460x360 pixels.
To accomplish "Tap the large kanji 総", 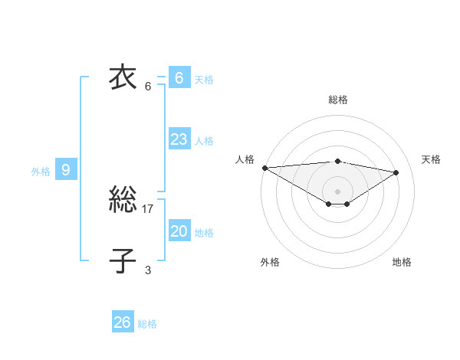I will pos(123,201).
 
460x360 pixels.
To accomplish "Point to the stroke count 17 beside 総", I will pos(148,208).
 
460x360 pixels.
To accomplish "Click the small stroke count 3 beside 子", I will pos(148,270).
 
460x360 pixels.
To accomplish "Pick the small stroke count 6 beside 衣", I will pos(148,86).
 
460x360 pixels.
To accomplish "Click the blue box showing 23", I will pos(179,139).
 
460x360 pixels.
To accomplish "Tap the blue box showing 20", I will pos(179,231).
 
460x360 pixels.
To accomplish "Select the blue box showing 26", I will pos(123,322).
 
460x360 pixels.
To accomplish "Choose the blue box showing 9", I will pos(66,170).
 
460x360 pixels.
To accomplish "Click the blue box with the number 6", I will pos(179,78).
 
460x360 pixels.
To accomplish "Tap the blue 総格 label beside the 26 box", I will pos(147,324).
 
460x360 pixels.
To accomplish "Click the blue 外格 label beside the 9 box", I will pos(41,172).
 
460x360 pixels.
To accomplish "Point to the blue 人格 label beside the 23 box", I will pos(204,141).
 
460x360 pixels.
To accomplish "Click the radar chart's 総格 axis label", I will pos(337,100).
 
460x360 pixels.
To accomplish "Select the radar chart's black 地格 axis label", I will pos(402,262).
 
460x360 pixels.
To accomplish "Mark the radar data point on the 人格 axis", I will pos(264,168).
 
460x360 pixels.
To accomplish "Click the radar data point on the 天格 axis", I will pos(396,172).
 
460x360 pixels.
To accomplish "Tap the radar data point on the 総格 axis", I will pos(337,161).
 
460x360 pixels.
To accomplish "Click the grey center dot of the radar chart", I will pos(337,191).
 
